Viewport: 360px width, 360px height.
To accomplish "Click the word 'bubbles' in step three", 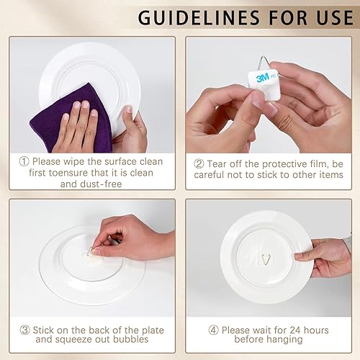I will [145, 342].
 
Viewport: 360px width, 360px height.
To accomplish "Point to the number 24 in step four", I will [298, 330].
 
